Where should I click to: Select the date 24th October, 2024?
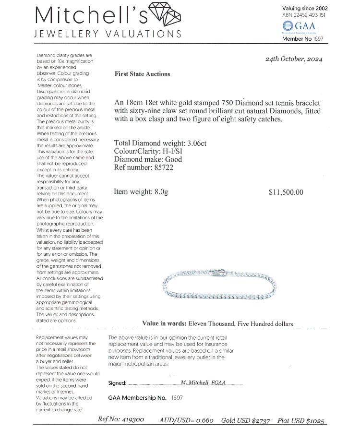pyautogui.click(x=294, y=59)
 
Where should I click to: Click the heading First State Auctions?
pyautogui.click(x=143, y=74)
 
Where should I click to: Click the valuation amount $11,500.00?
pyautogui.click(x=286, y=192)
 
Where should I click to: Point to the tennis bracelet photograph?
pyautogui.click(x=221, y=286)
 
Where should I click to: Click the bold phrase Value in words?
pyautogui.click(x=164, y=323)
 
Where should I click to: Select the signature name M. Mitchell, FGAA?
pyautogui.click(x=203, y=382)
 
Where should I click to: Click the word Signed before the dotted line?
pyautogui.click(x=117, y=383)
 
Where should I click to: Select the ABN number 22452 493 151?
pyautogui.click(x=314, y=15)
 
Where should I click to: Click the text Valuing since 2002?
pyautogui.click(x=304, y=8)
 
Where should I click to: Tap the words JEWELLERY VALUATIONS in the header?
pyautogui.click(x=108, y=34)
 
